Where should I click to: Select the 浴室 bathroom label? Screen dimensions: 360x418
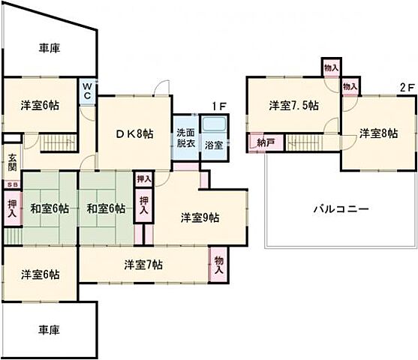213,145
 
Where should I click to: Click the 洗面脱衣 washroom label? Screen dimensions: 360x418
184,137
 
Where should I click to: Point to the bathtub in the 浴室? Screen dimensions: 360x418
215,124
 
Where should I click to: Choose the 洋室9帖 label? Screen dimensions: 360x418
200,217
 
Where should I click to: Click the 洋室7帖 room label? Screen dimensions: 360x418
144,264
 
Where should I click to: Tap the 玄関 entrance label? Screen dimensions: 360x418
12,163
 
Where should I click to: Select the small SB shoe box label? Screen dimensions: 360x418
11,184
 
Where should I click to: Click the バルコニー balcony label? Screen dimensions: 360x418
341,209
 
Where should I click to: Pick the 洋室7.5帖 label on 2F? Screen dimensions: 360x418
294,105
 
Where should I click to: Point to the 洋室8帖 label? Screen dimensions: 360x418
379,133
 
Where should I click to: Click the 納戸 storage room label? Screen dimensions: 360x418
263,142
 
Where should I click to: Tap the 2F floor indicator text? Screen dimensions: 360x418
406,86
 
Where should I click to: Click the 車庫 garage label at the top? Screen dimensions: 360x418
50,48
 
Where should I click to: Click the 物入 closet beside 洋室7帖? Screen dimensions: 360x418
219,264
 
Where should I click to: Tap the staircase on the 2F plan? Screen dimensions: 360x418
309,141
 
